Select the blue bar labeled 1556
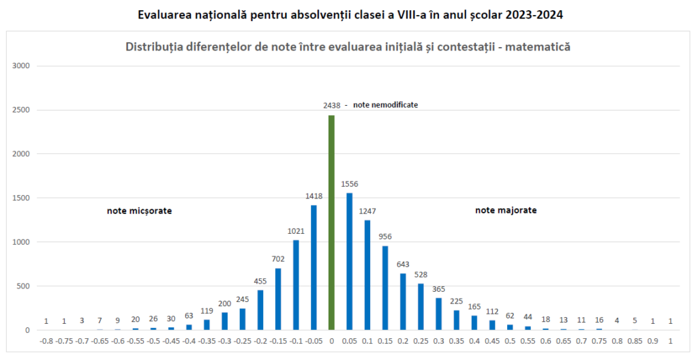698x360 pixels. coord(350,262)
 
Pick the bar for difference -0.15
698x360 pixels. coord(278,299)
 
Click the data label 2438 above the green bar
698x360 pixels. coord(332,106)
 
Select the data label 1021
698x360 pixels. coord(296,230)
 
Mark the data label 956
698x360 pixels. coord(385,237)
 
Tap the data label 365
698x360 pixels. coord(439,288)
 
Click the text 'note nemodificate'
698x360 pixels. coord(385,106)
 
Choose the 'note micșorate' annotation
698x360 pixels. coord(139,211)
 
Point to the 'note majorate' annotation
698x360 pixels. coord(506,211)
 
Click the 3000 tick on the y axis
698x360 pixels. coord(23,66)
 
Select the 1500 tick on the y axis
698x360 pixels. coord(23,198)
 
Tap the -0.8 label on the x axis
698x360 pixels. coord(46,341)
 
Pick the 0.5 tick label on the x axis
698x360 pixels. coord(510,341)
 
